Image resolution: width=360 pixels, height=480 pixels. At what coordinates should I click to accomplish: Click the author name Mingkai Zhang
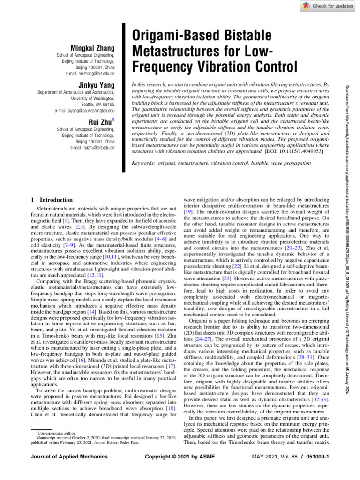click(92, 49)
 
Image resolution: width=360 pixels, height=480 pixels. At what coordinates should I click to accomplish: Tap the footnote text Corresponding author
click(53, 433)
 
